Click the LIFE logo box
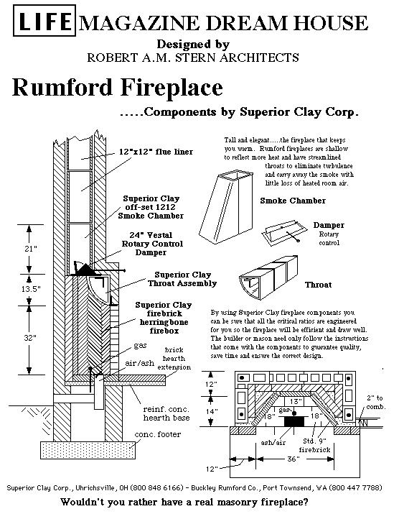(x=44, y=20)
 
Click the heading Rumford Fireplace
(x=118, y=88)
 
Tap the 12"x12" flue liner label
(x=156, y=152)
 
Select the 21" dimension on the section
(x=30, y=249)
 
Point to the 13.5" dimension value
(x=31, y=289)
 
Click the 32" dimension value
(x=30, y=338)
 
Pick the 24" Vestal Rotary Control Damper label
(x=152, y=244)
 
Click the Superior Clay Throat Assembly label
(x=182, y=279)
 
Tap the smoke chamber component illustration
(x=226, y=207)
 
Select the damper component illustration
(x=284, y=232)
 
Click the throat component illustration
(x=268, y=278)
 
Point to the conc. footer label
(x=158, y=434)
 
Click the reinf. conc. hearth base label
(x=166, y=413)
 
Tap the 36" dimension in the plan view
(x=294, y=459)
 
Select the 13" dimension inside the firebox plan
(x=296, y=401)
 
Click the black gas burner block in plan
(x=294, y=421)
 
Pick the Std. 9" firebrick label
(x=314, y=445)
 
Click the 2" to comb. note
(x=376, y=403)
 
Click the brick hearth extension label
(x=174, y=358)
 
